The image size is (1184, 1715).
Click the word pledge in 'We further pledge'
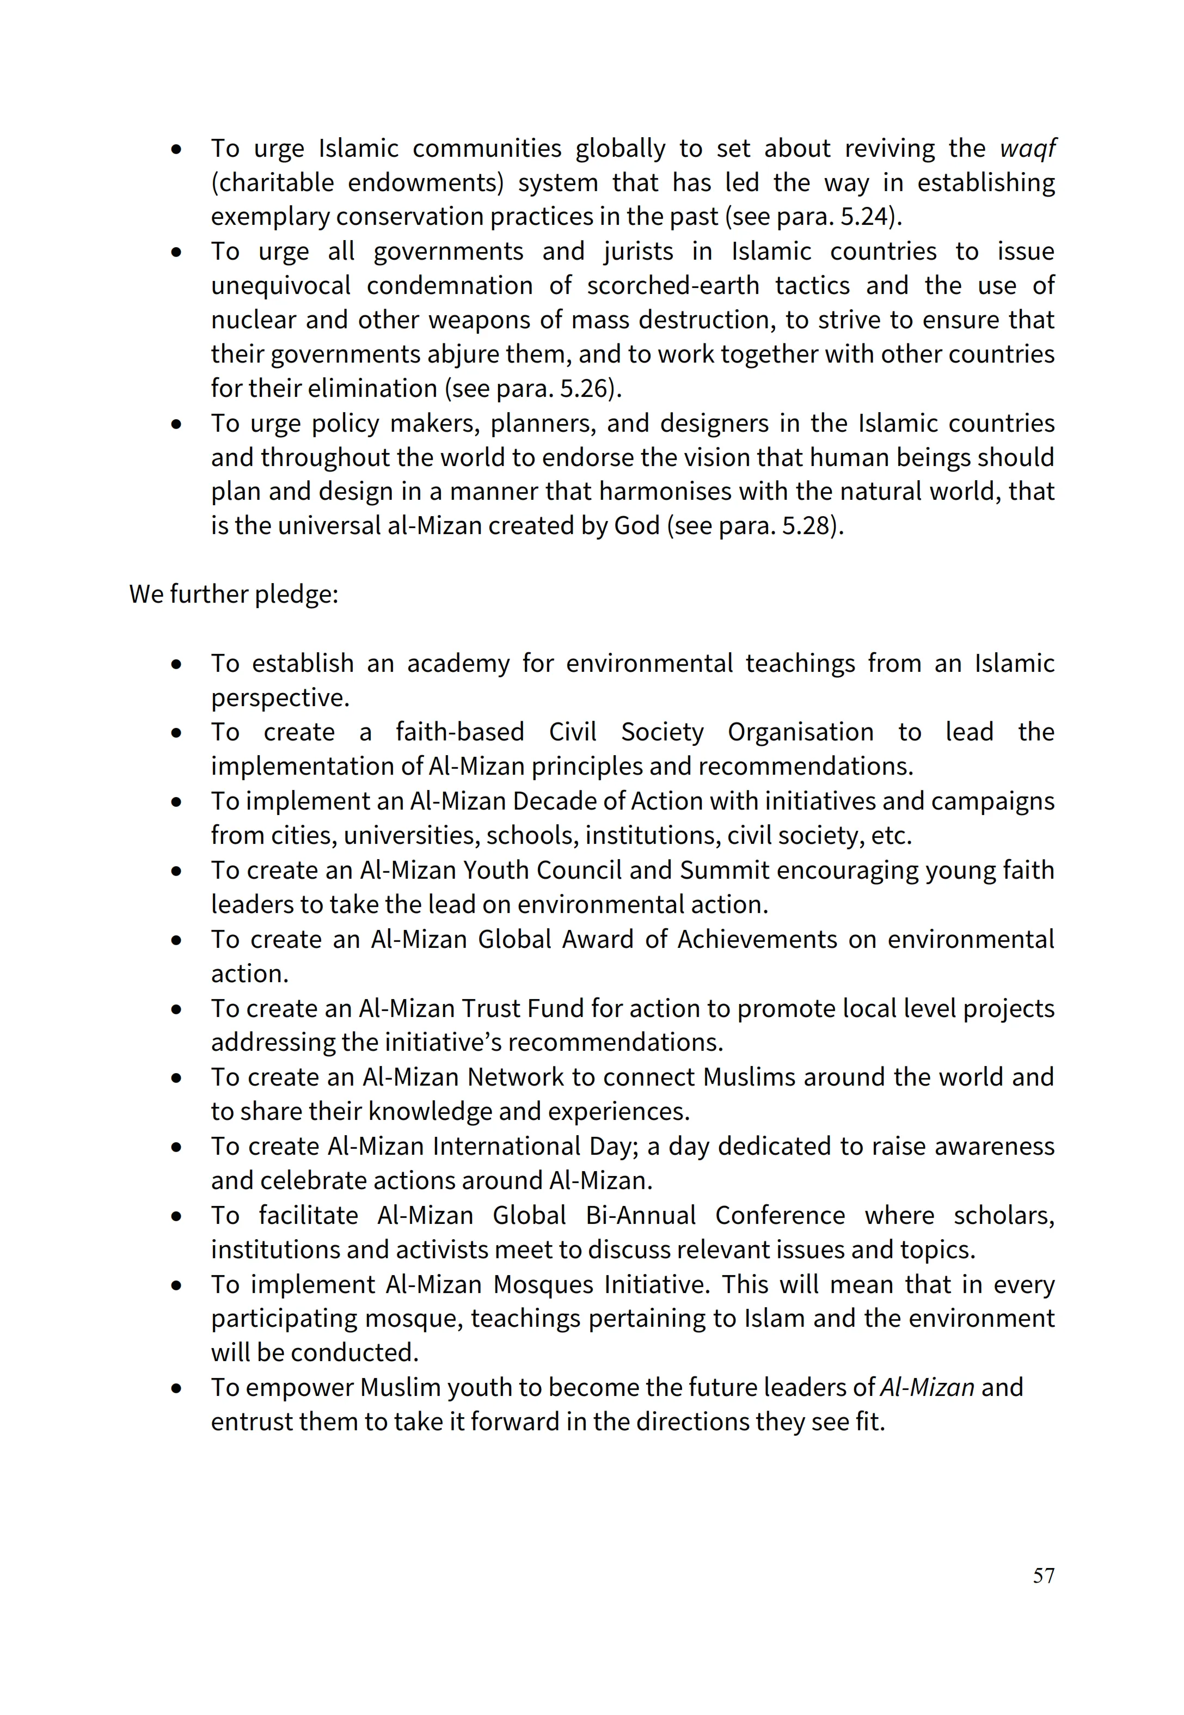pyautogui.click(x=296, y=594)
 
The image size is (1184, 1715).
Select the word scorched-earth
pyautogui.click(x=673, y=286)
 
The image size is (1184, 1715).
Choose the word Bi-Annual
pyautogui.click(x=641, y=1216)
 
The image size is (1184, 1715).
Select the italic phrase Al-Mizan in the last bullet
pyautogui.click(x=927, y=1388)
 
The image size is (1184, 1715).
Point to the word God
pyautogui.click(x=637, y=526)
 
